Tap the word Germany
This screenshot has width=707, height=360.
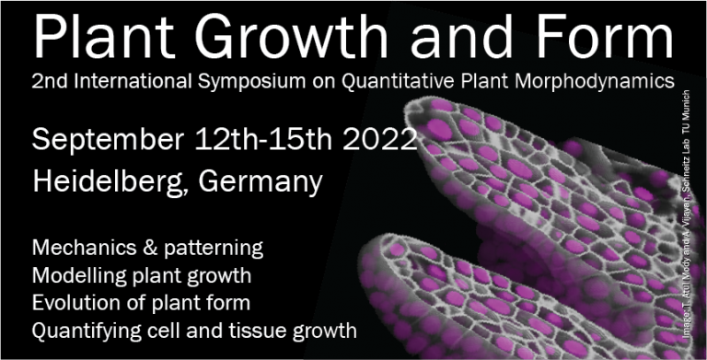click(267, 181)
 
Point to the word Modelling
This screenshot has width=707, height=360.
click(76, 275)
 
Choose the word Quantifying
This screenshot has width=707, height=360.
click(81, 329)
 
